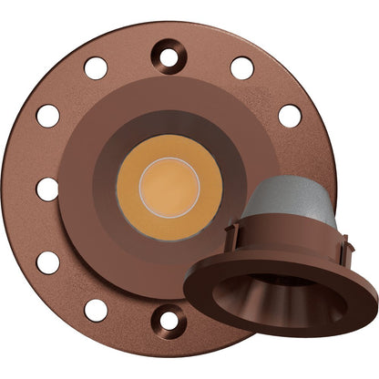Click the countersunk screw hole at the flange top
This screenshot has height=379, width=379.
point(169,58)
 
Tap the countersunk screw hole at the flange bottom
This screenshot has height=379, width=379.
point(169,320)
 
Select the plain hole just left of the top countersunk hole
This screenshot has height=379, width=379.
point(96,68)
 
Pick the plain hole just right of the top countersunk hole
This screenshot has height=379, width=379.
point(242,68)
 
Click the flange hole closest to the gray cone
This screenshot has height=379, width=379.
point(290,116)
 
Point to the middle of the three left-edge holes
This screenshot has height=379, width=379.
point(47,189)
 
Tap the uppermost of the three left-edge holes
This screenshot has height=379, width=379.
point(48,116)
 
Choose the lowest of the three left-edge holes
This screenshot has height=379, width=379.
point(48,262)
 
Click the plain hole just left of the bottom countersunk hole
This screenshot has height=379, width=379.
point(96,310)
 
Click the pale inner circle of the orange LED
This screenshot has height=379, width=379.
point(169,189)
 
